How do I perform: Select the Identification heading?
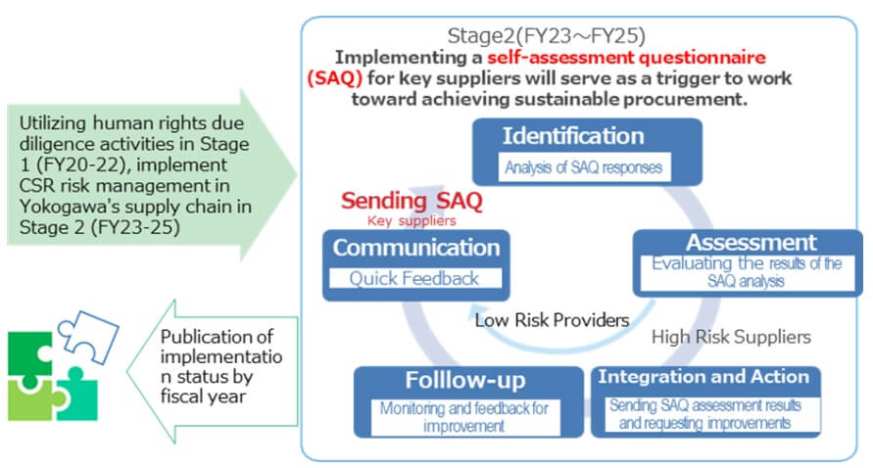[573, 136]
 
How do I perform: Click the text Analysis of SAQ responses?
[583, 167]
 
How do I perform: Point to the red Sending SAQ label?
[412, 201]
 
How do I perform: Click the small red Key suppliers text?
[412, 221]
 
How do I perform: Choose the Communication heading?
[416, 248]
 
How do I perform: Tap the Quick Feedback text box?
[415, 278]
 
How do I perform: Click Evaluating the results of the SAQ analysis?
[750, 272]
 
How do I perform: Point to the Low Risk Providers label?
[552, 320]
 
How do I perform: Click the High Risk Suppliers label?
[731, 337]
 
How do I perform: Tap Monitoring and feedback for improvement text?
[464, 417]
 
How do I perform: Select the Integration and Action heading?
[703, 377]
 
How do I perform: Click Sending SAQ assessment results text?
[704, 405]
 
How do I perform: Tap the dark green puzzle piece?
[31, 354]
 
